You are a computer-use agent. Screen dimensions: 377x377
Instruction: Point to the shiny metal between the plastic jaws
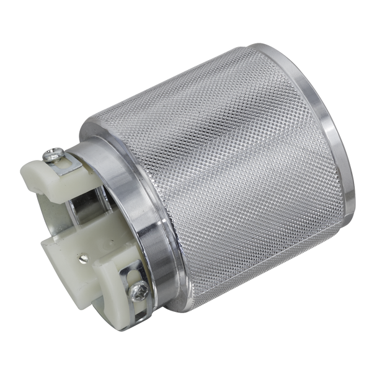[x=93, y=211]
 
